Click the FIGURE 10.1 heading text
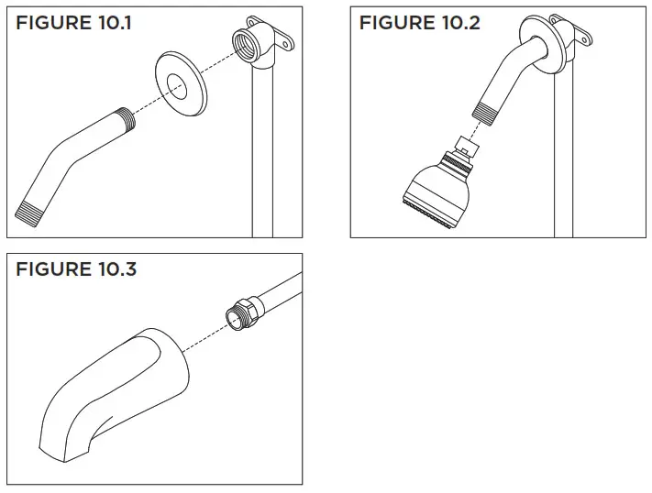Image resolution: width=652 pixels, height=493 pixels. coord(73,23)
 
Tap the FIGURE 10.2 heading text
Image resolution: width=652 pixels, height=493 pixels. coord(419,23)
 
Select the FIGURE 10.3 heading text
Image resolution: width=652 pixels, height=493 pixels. coord(76,269)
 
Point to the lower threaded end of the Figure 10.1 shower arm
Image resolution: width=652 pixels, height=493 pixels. coord(28,207)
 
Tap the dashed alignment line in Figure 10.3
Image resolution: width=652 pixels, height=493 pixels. coord(203,334)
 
